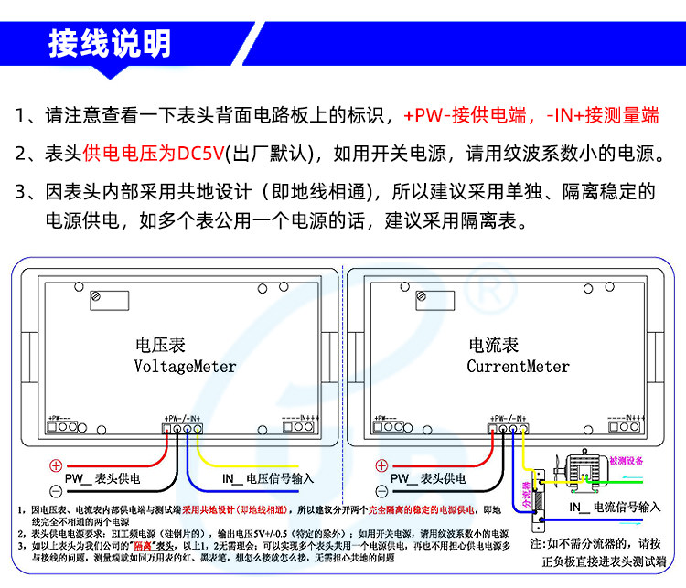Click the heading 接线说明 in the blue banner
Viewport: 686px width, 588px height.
coord(109,43)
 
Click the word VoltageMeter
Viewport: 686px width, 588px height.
coord(185,367)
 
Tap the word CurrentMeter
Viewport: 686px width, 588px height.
coord(518,367)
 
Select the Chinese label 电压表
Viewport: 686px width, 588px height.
coord(160,346)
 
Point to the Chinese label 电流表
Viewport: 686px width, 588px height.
coord(493,346)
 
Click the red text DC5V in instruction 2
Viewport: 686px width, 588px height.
coord(200,153)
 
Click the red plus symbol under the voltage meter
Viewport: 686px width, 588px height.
coord(55,465)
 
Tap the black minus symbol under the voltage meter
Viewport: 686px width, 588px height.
coord(55,491)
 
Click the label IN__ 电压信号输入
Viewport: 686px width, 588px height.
coord(267,478)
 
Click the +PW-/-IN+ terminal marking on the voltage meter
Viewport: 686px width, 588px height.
coord(183,416)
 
